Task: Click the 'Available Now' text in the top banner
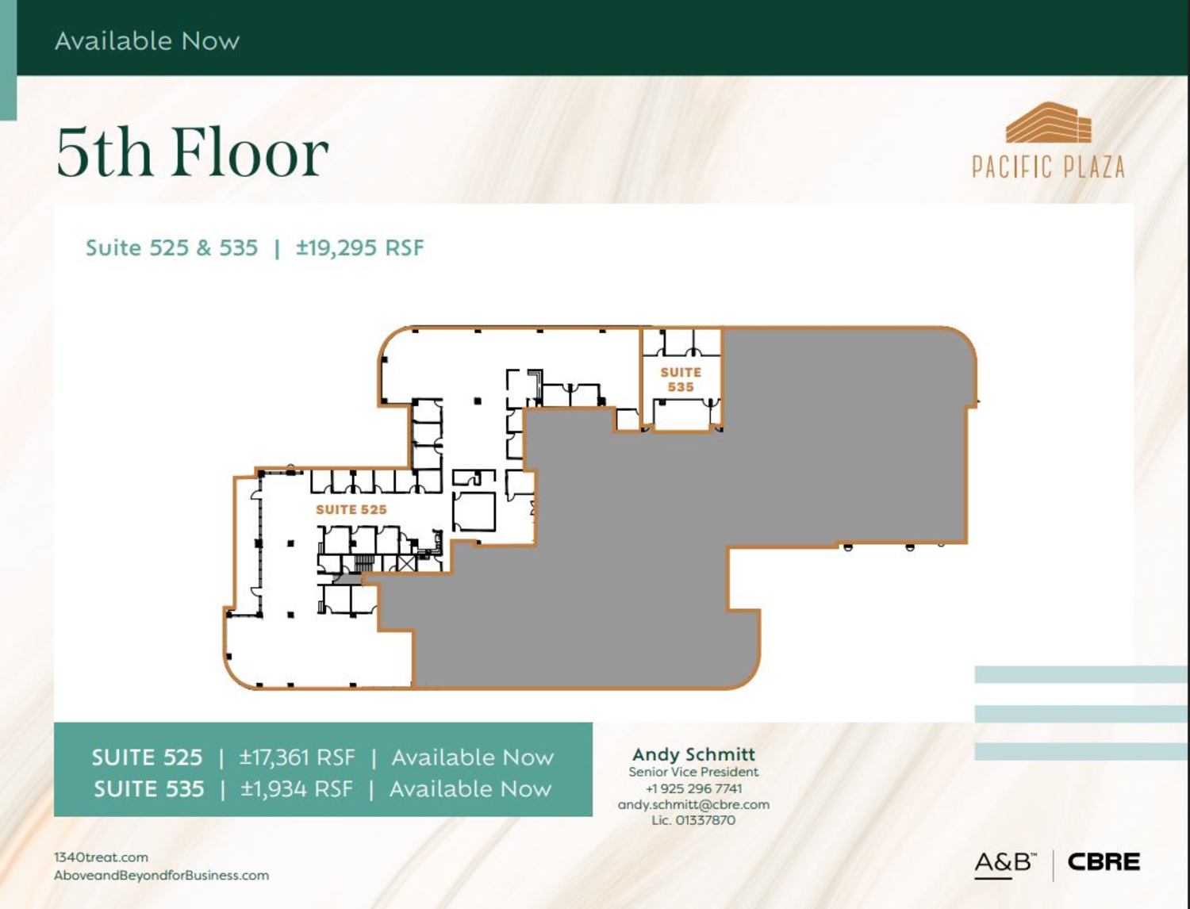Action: pyautogui.click(x=147, y=41)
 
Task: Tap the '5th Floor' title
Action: pyautogui.click(x=193, y=152)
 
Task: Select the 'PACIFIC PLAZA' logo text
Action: pyautogui.click(x=1048, y=167)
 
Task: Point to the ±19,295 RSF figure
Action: pyautogui.click(x=359, y=247)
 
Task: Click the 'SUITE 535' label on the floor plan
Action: pyautogui.click(x=681, y=379)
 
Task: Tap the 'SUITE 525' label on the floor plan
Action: pyautogui.click(x=351, y=509)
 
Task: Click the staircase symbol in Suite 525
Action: pyautogui.click(x=364, y=563)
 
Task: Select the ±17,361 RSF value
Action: pyautogui.click(x=297, y=757)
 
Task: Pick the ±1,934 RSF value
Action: pyautogui.click(x=297, y=788)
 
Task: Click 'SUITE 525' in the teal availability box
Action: pyautogui.click(x=147, y=757)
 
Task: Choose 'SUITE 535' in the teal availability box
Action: pyautogui.click(x=149, y=788)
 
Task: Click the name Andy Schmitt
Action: pyautogui.click(x=693, y=754)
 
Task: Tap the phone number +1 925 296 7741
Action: pyautogui.click(x=694, y=788)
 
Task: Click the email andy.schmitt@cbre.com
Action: pyautogui.click(x=693, y=804)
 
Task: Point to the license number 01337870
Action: pyautogui.click(x=704, y=820)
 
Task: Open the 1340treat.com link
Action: pyautogui.click(x=101, y=857)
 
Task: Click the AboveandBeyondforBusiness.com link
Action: pyautogui.click(x=161, y=876)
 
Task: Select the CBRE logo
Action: pyautogui.click(x=1104, y=862)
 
